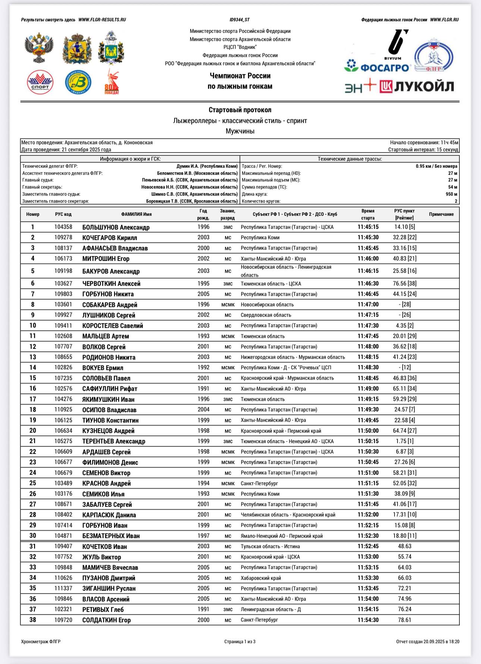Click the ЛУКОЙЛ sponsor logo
tap(417, 87)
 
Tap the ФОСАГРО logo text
tap(377, 67)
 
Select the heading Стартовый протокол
tap(240, 110)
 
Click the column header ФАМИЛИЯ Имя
tap(136, 214)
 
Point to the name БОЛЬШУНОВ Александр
tap(116, 227)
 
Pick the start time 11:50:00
tap(368, 431)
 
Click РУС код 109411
tap(63, 326)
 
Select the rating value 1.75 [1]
tap(405, 441)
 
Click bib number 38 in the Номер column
tap(33, 620)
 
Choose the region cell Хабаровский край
tap(261, 578)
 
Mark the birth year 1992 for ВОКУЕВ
tap(203, 367)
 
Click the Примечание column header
tap(441, 214)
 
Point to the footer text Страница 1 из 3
tap(240, 642)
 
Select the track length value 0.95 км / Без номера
tap(436, 166)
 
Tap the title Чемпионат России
tap(240, 76)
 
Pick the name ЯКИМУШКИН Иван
tap(108, 399)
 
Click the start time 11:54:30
tap(368, 620)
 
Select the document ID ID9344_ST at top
tap(240, 20)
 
